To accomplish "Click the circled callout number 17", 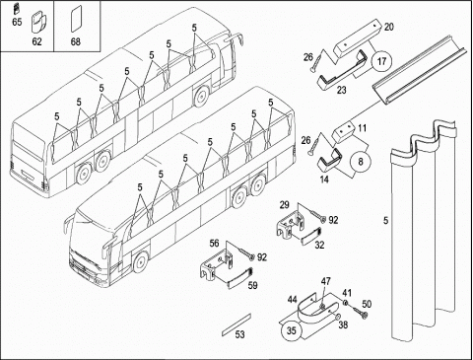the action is pyautogui.click(x=382, y=61).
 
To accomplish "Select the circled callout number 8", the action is pyautogui.click(x=361, y=162).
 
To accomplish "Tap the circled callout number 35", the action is pyautogui.click(x=292, y=330).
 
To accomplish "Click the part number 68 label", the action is pyautogui.click(x=75, y=41).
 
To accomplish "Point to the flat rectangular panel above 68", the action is pyautogui.click(x=76, y=19).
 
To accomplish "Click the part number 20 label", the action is pyautogui.click(x=388, y=27).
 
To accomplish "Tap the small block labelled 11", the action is pyautogui.click(x=344, y=131).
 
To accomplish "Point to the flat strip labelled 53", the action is pyautogui.click(x=236, y=324).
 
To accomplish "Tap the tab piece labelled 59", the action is pyautogui.click(x=239, y=278).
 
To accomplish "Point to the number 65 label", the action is pyautogui.click(x=17, y=22).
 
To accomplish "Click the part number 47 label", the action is pyautogui.click(x=325, y=281).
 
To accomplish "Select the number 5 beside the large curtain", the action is pyautogui.click(x=385, y=220).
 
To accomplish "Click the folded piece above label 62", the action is pyautogui.click(x=38, y=23).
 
